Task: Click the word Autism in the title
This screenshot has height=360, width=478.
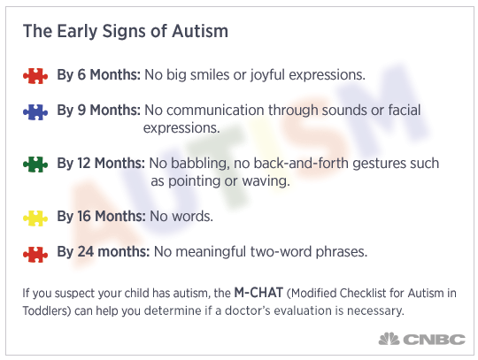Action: tap(200, 31)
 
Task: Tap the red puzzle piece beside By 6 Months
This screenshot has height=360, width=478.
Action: tap(35, 76)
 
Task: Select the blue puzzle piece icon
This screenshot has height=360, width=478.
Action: tap(35, 111)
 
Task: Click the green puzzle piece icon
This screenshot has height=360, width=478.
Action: tap(35, 165)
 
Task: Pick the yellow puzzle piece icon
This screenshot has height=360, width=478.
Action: tap(35, 218)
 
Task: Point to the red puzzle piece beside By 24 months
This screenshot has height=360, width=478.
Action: tap(35, 254)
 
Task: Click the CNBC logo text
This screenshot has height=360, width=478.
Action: tap(435, 339)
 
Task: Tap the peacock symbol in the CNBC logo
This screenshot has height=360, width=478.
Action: tap(389, 339)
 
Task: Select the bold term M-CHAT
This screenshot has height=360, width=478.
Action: tap(258, 293)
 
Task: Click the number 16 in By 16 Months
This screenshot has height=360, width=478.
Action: tap(84, 216)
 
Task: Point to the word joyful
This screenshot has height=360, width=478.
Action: tap(267, 75)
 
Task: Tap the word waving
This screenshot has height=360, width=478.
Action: tap(266, 181)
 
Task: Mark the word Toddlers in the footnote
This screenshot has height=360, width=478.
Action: tap(47, 310)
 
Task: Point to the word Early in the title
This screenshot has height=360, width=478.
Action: tap(77, 32)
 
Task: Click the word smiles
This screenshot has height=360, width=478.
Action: tap(210, 75)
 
